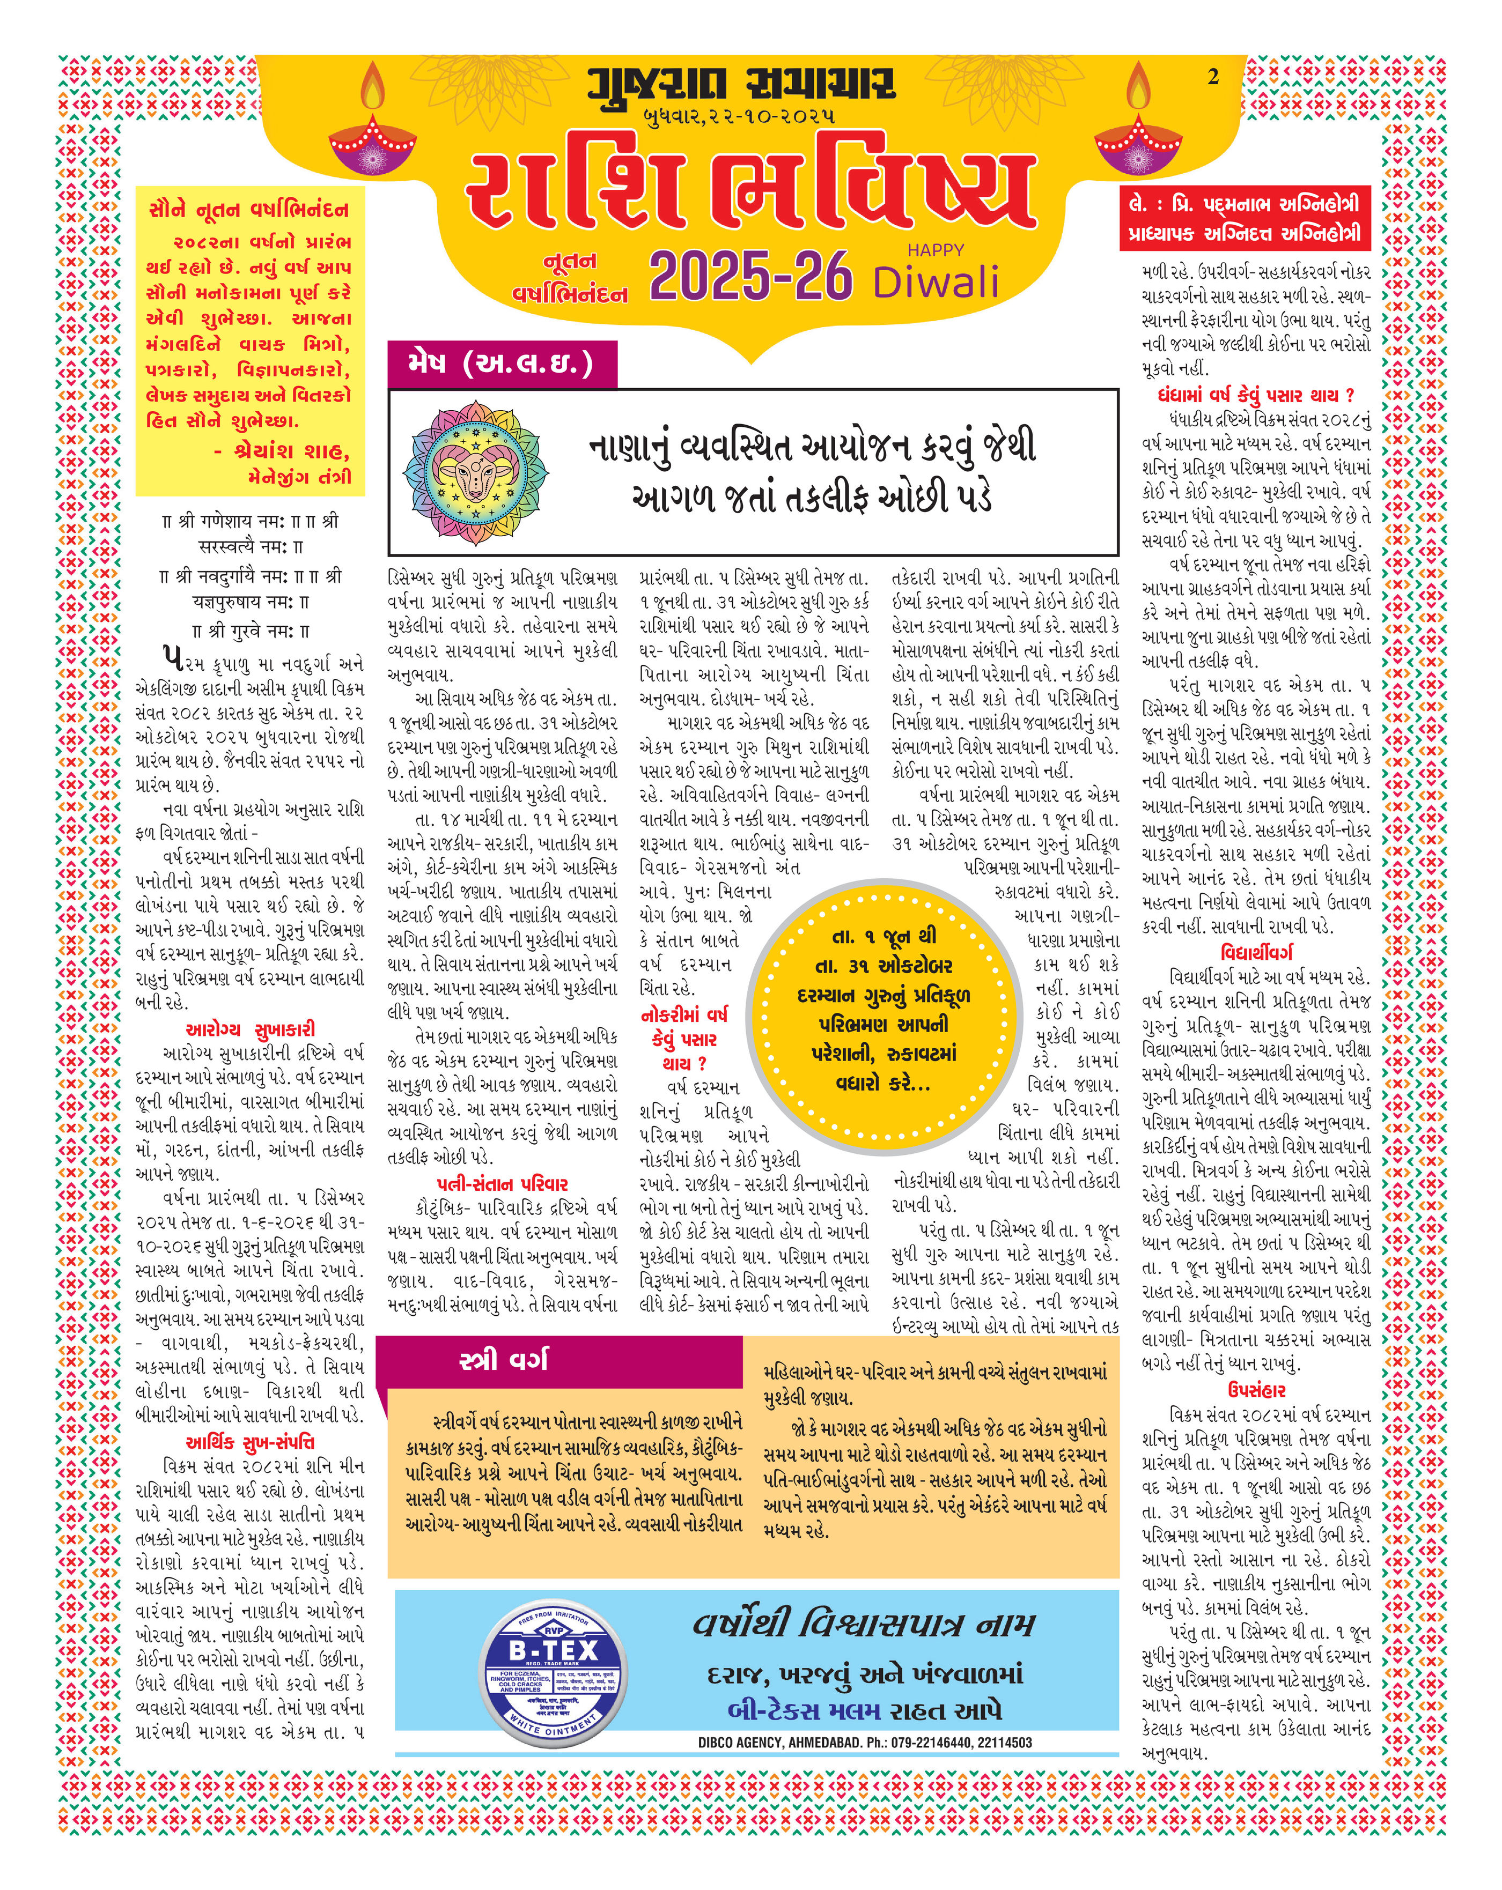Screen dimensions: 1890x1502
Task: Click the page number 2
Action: (1213, 77)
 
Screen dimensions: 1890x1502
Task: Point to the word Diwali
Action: (936, 282)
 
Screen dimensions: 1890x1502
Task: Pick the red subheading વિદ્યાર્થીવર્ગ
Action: (1256, 952)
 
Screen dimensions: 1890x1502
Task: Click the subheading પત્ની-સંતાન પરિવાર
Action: (503, 1183)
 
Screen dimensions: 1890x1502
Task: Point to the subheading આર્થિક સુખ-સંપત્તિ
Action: (250, 1442)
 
